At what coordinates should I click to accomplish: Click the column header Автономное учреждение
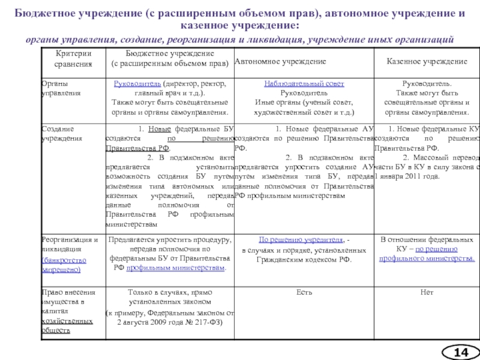coord(280,61)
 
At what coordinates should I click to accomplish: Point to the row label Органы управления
coord(54,88)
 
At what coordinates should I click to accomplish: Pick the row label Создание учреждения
coord(57,133)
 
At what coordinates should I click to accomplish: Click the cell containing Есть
coord(303,292)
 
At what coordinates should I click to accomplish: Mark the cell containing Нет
coord(427,292)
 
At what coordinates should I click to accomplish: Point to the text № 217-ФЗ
coord(206,322)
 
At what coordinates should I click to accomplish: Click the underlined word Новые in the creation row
coord(159,128)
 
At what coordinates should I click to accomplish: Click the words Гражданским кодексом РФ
coord(304,259)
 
